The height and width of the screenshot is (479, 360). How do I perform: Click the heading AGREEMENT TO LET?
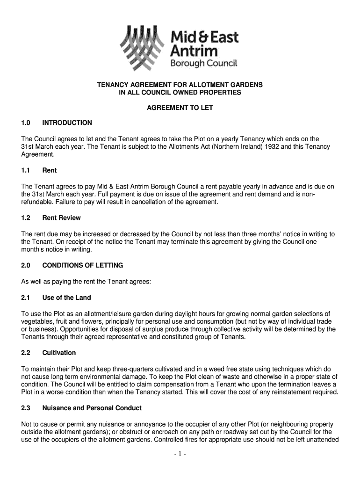180,108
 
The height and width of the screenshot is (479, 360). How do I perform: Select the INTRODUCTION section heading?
67,123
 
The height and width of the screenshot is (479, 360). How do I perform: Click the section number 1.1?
26,170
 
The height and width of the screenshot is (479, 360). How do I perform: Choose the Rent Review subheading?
61,218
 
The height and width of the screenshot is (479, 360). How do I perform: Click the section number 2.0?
26,265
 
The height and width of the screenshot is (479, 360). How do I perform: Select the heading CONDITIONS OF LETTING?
83,265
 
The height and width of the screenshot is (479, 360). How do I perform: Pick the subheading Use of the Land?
66,298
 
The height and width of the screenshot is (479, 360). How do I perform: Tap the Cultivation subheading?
59,352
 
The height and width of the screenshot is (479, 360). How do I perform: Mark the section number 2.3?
26,408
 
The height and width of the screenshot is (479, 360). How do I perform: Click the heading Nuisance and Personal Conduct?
92,408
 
